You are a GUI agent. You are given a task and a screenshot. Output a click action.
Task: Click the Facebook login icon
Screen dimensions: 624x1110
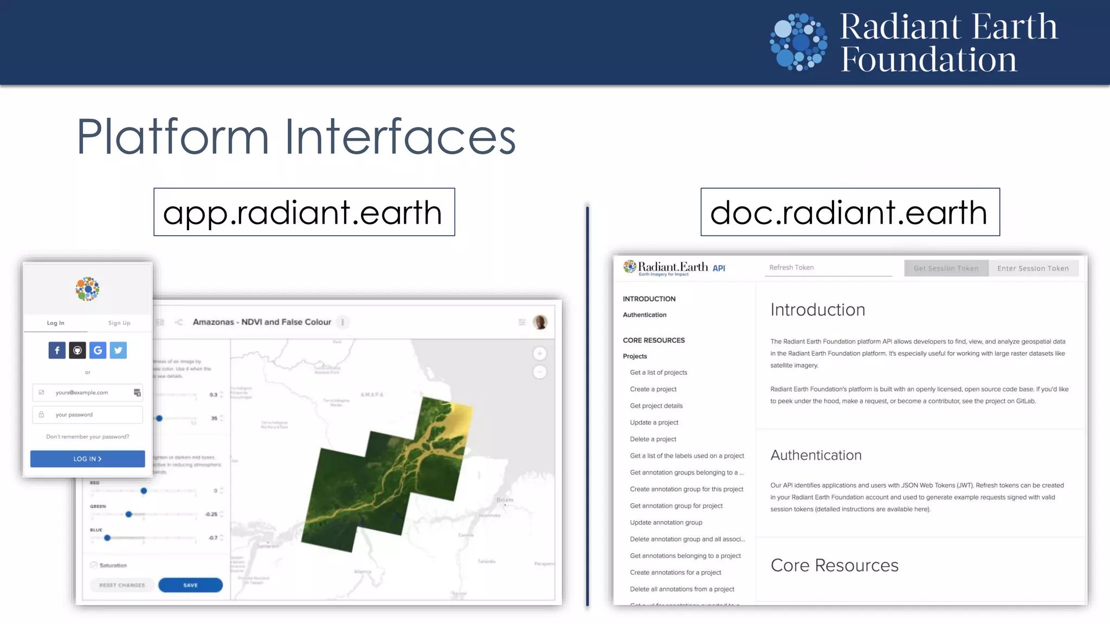[x=57, y=350]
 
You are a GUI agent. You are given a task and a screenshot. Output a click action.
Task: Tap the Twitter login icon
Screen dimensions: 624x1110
[x=118, y=350]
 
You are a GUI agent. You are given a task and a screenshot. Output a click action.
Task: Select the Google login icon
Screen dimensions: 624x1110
[x=98, y=350]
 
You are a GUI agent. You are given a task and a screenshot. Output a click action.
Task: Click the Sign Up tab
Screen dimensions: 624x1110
[x=119, y=323]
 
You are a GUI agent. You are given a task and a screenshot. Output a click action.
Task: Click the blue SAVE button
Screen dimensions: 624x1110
[x=190, y=585]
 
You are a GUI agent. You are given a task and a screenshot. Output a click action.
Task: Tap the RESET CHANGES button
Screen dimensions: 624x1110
[x=122, y=585]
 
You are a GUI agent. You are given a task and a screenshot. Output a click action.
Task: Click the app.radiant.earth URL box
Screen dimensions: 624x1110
[x=304, y=212]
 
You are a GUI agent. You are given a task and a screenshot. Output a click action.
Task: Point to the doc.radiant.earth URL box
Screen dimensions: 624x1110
[x=850, y=212]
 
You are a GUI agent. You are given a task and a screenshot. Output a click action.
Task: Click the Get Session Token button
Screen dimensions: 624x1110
[x=946, y=268]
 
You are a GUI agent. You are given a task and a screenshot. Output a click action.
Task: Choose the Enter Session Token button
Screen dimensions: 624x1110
[x=1033, y=268]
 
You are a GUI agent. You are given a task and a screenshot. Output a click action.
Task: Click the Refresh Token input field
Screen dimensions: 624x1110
[x=828, y=268]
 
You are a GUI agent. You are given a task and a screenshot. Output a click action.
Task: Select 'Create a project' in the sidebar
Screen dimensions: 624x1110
[x=653, y=389]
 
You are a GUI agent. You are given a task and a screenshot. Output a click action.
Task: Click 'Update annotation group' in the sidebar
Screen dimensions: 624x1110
[x=666, y=522]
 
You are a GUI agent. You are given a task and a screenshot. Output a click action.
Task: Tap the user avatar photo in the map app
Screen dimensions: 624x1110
[x=540, y=322]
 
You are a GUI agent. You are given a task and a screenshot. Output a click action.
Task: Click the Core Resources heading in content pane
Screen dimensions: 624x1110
[x=834, y=565]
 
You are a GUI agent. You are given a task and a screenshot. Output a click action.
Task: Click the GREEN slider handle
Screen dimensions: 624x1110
[x=128, y=514]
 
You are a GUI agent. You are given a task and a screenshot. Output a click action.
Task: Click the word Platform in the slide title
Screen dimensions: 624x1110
[x=173, y=137]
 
